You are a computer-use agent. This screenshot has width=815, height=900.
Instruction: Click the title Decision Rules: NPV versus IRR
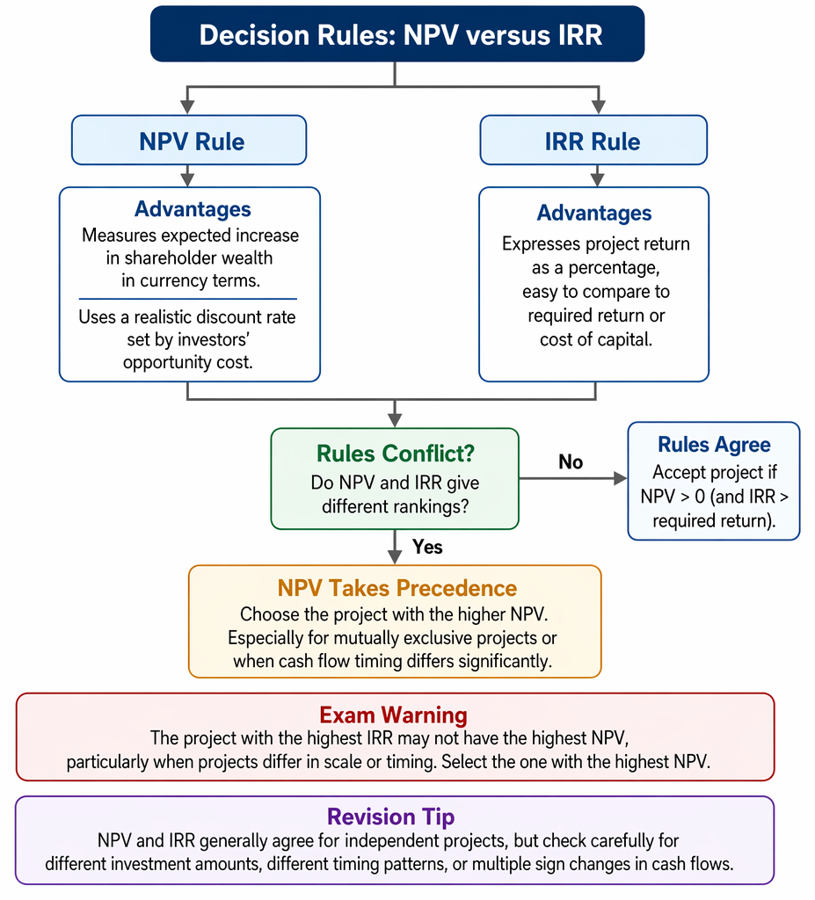pos(400,35)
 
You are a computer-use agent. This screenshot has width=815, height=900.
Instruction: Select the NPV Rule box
pos(189,140)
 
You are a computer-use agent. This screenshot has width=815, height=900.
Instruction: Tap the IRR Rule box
pos(593,140)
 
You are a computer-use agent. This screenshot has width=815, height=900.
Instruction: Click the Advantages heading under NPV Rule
pos(193,209)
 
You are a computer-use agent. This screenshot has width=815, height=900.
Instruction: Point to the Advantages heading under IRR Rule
pos(593,213)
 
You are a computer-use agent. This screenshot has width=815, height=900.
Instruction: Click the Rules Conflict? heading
pos(395,454)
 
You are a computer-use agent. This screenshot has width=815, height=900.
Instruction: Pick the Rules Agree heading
pos(714,444)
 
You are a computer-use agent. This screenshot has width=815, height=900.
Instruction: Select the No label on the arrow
pos(571,461)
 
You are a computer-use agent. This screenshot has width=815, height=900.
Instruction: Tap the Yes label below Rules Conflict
pos(427,547)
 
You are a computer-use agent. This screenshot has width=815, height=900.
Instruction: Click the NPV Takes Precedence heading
pos(397,588)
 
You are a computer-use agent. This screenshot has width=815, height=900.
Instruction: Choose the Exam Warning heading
pos(393,715)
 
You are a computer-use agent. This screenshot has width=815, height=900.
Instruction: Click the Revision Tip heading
pos(390,817)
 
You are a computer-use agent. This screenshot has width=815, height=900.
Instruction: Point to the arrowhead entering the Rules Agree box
pos(621,478)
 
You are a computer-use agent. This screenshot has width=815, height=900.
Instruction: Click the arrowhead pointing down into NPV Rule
pos(187,107)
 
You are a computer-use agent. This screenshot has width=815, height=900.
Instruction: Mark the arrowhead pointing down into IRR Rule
pos(599,107)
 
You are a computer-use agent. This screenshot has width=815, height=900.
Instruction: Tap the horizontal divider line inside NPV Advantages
pos(188,299)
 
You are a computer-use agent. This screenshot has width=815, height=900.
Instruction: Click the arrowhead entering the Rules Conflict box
pos(395,420)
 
